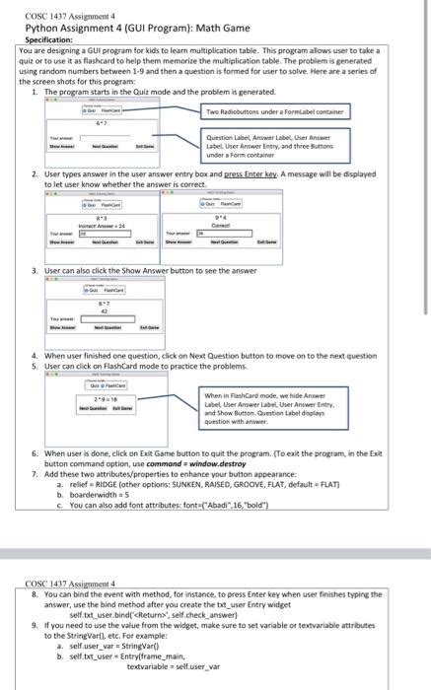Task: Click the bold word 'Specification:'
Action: (x=46, y=41)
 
